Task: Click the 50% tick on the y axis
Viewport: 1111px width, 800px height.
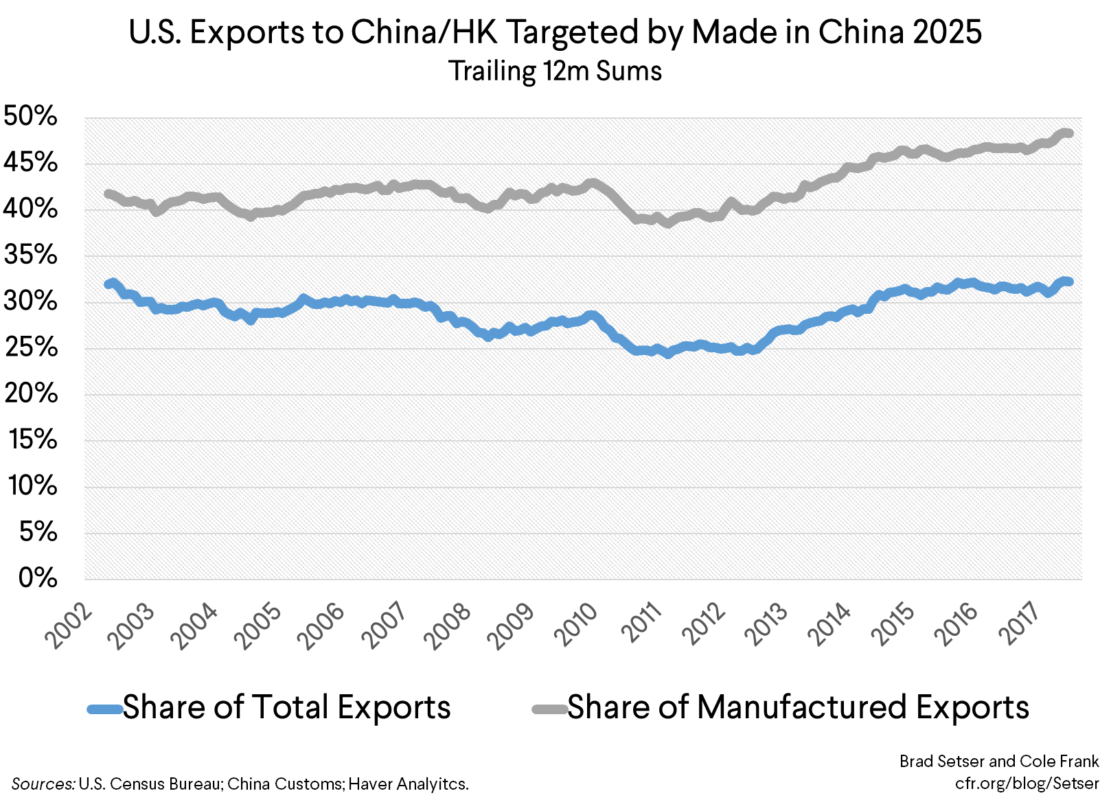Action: pyautogui.click(x=31, y=116)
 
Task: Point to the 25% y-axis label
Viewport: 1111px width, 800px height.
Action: pyautogui.click(x=31, y=347)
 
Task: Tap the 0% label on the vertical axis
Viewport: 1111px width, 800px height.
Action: pyautogui.click(x=38, y=578)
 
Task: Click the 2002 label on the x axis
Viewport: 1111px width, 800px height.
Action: pyautogui.click(x=69, y=626)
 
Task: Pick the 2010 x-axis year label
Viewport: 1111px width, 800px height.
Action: pyautogui.click(x=575, y=626)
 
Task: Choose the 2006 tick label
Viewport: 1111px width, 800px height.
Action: pyautogui.click(x=322, y=626)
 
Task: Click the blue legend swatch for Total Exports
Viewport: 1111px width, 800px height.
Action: pyautogui.click(x=104, y=709)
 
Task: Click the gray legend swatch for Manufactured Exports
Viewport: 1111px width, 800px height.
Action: pyautogui.click(x=549, y=709)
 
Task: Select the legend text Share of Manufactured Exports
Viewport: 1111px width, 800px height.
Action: pyautogui.click(x=798, y=707)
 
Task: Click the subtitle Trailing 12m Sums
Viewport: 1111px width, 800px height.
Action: pyautogui.click(x=555, y=71)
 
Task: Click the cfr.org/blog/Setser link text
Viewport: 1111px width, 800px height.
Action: pyautogui.click(x=1027, y=783)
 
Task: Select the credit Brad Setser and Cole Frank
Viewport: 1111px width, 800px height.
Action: pyautogui.click(x=999, y=761)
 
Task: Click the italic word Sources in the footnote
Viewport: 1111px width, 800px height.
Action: pyautogui.click(x=43, y=784)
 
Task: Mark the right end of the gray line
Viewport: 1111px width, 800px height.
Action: pyautogui.click(x=1069, y=133)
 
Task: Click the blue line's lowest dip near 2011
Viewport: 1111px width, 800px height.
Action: pyautogui.click(x=667, y=354)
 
